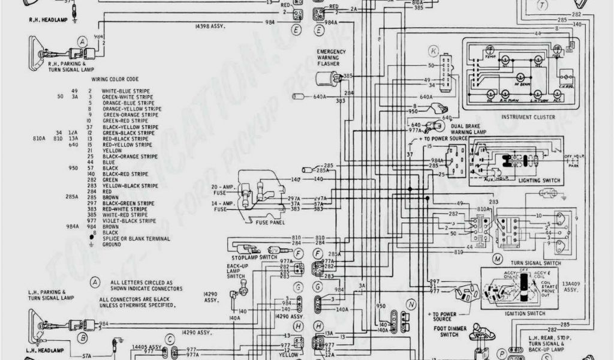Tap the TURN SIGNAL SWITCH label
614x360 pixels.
[x=535, y=263]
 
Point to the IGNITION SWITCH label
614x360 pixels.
[x=525, y=313]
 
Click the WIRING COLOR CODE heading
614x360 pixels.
[x=115, y=79]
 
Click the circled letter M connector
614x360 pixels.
[x=497, y=259]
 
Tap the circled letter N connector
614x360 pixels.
[x=411, y=304]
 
